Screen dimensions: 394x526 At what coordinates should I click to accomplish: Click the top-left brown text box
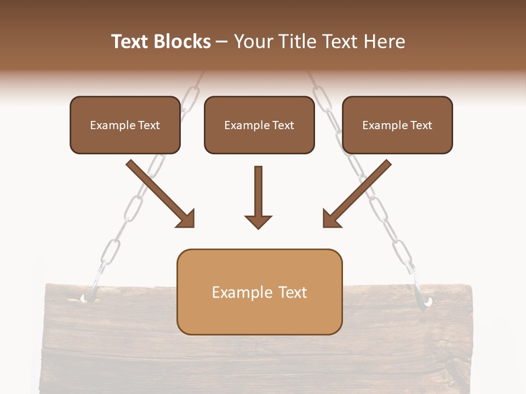[125, 125]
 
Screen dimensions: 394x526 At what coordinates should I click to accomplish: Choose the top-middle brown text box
[259, 125]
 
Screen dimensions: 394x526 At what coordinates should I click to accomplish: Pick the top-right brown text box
[397, 125]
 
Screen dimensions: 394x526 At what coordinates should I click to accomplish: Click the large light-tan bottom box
[259, 292]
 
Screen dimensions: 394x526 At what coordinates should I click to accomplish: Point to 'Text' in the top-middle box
[283, 125]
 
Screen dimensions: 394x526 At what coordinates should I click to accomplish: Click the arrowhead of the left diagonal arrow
[186, 219]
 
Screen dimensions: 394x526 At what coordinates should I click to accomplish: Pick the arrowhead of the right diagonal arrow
[331, 219]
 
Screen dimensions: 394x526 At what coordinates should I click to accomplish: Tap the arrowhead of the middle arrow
[258, 222]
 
